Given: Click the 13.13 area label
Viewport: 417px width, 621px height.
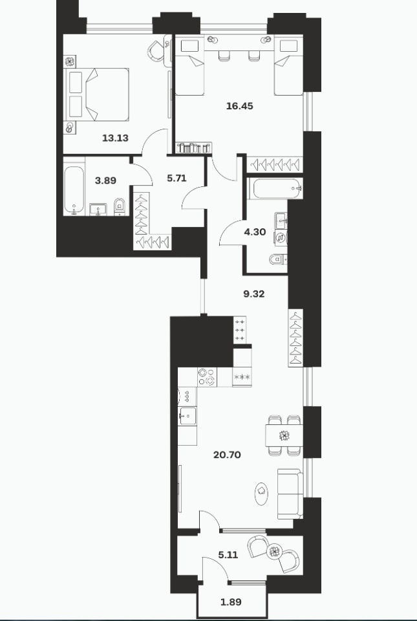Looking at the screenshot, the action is pyautogui.click(x=115, y=138).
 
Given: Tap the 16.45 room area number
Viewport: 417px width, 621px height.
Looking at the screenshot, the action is pyautogui.click(x=239, y=106).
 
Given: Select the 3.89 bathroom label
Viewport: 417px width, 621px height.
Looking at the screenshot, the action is pyautogui.click(x=105, y=180).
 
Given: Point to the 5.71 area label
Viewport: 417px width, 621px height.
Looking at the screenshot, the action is pyautogui.click(x=176, y=179).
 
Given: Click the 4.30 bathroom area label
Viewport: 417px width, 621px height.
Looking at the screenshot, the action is pyautogui.click(x=255, y=232).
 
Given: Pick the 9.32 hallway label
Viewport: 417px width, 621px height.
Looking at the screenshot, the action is pyautogui.click(x=253, y=294).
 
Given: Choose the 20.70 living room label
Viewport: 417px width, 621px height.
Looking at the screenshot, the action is pyautogui.click(x=227, y=455).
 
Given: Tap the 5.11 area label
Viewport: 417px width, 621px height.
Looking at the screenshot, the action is pyautogui.click(x=228, y=555).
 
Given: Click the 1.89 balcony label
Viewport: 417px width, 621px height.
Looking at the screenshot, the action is pyautogui.click(x=231, y=602).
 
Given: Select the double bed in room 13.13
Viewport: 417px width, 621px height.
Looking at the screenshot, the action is pyautogui.click(x=97, y=94).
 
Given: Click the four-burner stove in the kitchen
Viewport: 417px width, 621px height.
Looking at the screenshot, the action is pyautogui.click(x=208, y=377).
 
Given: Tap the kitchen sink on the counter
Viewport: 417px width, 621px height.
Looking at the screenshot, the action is pyautogui.click(x=187, y=416).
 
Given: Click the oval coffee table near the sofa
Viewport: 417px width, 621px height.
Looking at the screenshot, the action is pyautogui.click(x=262, y=493).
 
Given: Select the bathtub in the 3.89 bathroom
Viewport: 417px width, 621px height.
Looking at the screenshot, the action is pyautogui.click(x=74, y=190).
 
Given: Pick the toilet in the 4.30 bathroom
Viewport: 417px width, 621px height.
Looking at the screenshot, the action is pyautogui.click(x=278, y=259).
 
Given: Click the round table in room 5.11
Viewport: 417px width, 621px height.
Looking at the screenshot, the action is pyautogui.click(x=273, y=552).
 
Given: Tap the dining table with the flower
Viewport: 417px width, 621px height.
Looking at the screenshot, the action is pyautogui.click(x=284, y=435).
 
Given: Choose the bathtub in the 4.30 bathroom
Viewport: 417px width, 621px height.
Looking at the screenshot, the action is pyautogui.click(x=277, y=189).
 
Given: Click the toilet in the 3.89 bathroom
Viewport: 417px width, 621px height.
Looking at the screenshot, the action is pyautogui.click(x=120, y=206).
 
